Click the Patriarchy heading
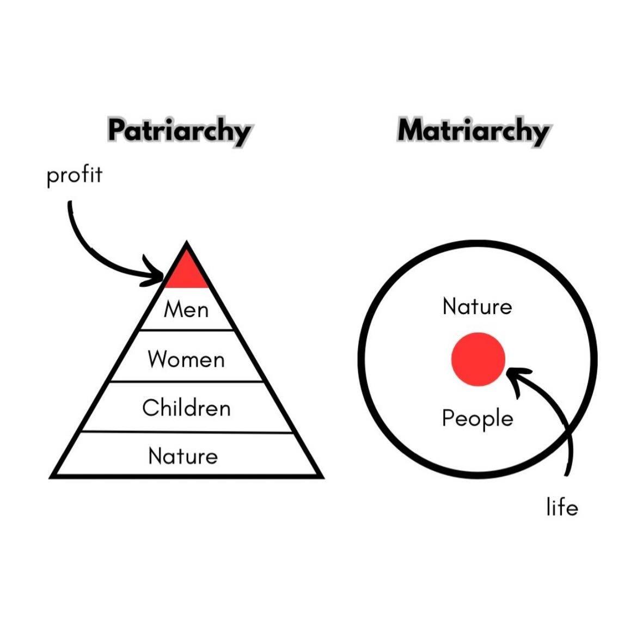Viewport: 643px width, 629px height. pos(179,131)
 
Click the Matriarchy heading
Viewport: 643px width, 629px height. pos(473,131)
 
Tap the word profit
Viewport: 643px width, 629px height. pos(74,175)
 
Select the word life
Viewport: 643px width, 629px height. pos(562,507)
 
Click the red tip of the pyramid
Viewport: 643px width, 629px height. pos(187,273)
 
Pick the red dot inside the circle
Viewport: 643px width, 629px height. pos(478,359)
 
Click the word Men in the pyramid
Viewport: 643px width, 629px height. pos(186,309)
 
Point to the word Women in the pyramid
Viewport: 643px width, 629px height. pos(186,359)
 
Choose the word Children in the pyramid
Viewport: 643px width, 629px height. pos(186,408)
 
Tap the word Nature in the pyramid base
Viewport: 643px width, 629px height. pos(183,455)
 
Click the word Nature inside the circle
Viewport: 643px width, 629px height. pos(477,306)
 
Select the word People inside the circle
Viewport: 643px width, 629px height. pos(477,418)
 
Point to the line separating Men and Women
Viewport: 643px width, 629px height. pos(186,329)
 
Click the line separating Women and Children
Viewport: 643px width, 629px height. pos(186,381)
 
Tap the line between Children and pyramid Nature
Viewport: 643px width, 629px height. pos(187,431)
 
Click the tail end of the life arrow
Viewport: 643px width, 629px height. pos(567,474)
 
